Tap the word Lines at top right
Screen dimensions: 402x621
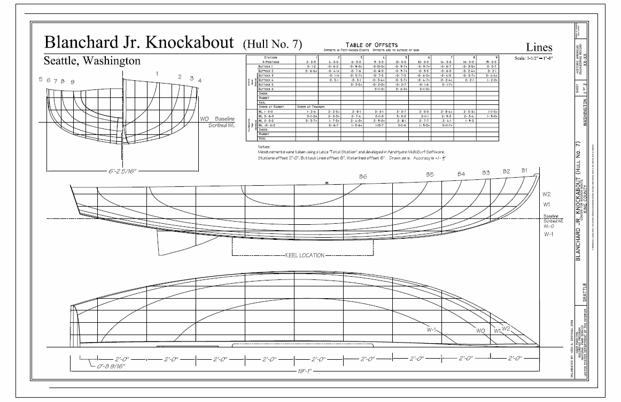pos(538,48)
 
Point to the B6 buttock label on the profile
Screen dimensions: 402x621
pos(363,176)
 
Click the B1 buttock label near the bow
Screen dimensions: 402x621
pos(525,170)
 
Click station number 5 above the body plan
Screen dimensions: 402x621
pos(41,79)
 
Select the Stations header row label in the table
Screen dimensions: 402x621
pos(271,57)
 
